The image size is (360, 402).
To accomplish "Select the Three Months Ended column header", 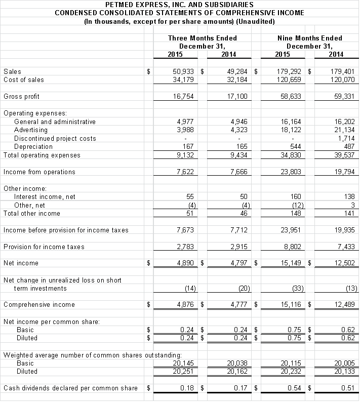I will [x=202, y=38].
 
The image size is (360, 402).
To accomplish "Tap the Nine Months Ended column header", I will [x=309, y=38].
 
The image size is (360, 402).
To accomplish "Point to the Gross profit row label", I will [x=21, y=97].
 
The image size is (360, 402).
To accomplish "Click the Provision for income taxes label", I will [x=44, y=247].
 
